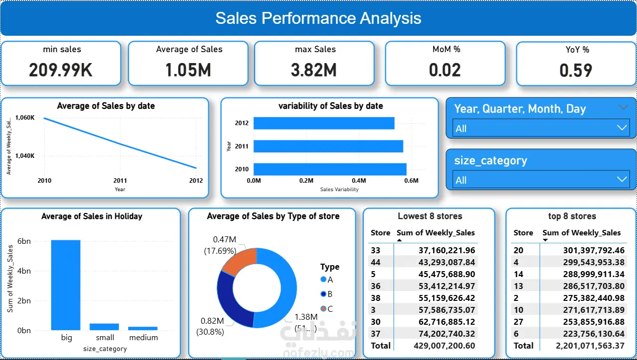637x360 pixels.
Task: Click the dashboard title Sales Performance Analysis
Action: click(318, 18)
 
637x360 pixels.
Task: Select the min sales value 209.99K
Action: click(61, 70)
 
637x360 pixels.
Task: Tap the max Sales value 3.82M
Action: click(314, 70)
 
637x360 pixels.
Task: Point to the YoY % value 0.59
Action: click(575, 71)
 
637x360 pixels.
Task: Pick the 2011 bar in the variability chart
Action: click(328, 146)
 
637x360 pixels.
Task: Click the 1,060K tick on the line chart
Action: click(25, 118)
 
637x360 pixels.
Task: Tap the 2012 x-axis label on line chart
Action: click(196, 181)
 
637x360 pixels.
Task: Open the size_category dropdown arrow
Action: click(622, 179)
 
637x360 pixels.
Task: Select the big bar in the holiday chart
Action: click(66, 285)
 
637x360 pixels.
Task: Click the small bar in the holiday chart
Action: click(104, 327)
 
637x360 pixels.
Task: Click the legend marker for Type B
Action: click(324, 294)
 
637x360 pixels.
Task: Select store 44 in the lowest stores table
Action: click(376, 262)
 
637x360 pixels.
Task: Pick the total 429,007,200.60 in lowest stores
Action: click(444, 346)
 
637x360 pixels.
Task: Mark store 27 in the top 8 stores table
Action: click(518, 322)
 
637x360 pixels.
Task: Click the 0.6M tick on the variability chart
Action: click(411, 181)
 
